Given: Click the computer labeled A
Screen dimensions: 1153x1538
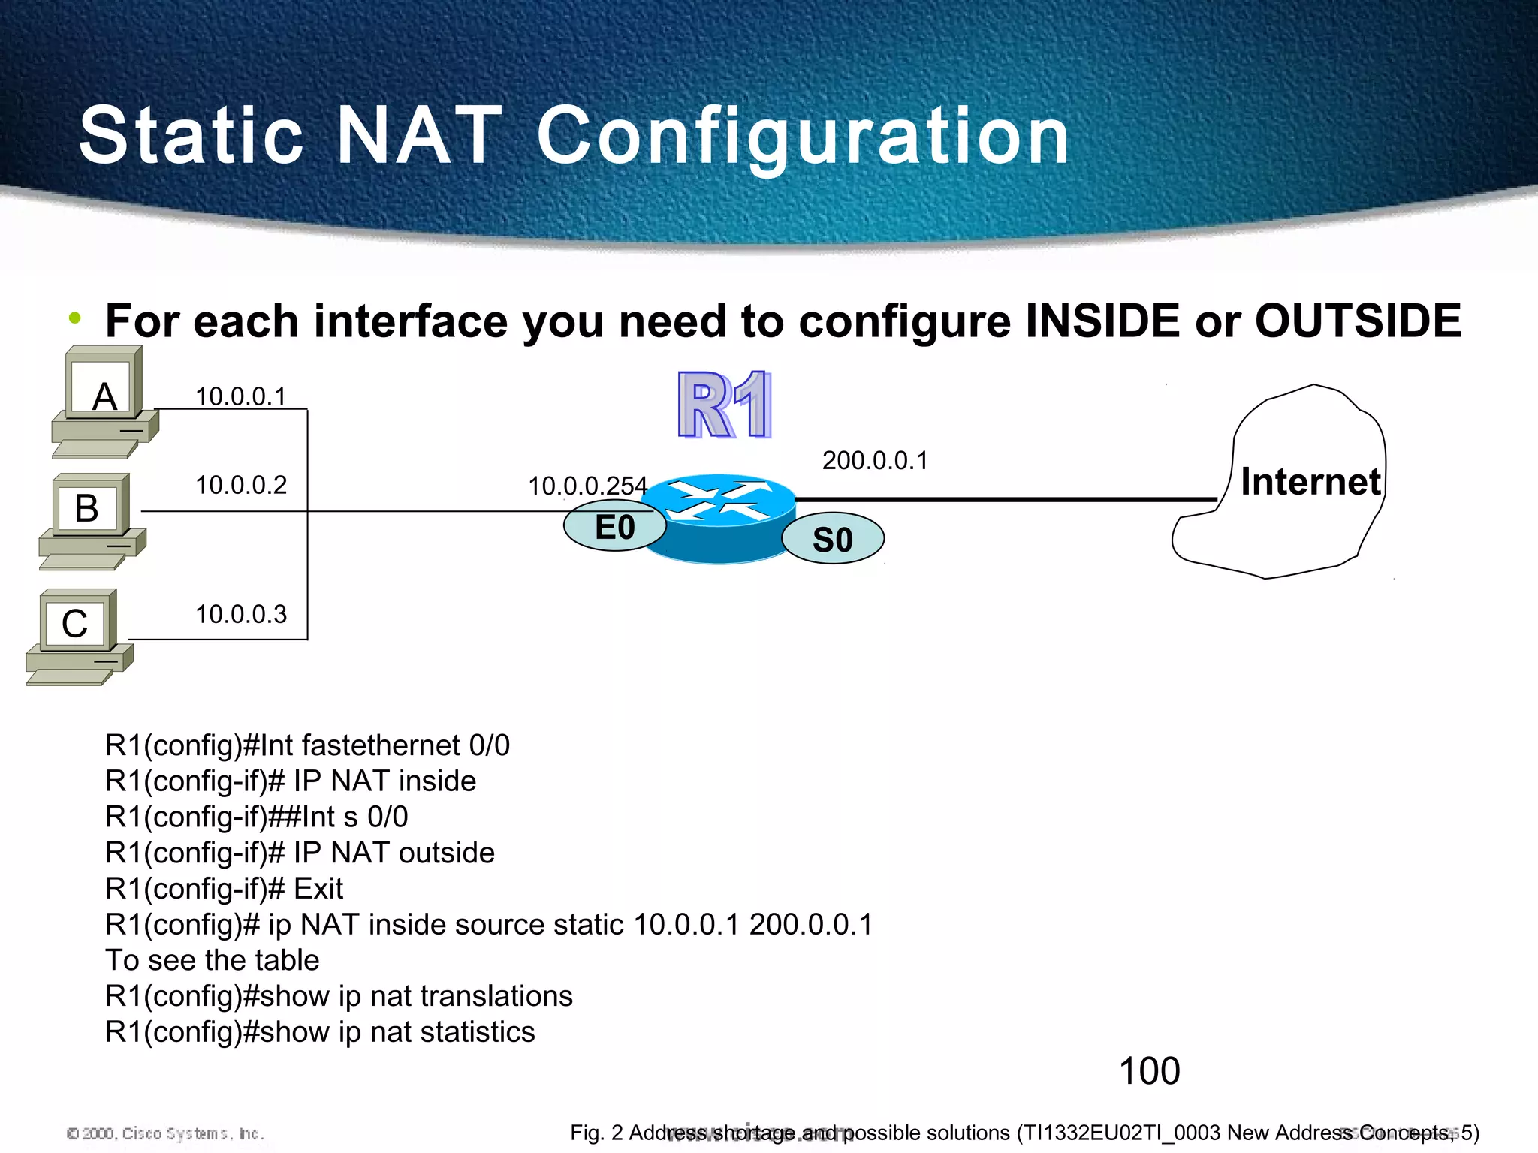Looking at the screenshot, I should pyautogui.click(x=104, y=402).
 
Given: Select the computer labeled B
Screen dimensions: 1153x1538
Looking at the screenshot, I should pyautogui.click(x=91, y=519).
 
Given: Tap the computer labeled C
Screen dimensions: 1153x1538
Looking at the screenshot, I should pyautogui.click(x=78, y=636).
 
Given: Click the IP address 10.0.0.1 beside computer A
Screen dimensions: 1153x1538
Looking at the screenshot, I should pyautogui.click(x=240, y=396).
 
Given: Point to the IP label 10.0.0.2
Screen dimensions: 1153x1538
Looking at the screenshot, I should pyautogui.click(x=240, y=485).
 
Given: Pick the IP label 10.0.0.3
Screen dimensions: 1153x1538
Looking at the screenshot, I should pyautogui.click(x=240, y=614).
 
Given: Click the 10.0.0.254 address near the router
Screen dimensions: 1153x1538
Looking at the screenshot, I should pyautogui.click(x=587, y=486).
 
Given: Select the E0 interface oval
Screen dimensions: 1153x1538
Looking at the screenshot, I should pyautogui.click(x=614, y=527).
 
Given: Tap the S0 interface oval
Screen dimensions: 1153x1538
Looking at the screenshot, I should pyautogui.click(x=832, y=539).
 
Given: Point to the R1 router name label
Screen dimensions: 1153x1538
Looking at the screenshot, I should pyautogui.click(x=724, y=405).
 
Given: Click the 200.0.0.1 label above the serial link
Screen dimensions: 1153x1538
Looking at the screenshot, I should pyautogui.click(x=875, y=460).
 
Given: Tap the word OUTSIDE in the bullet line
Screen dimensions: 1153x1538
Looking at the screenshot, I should pyautogui.click(x=1358, y=321).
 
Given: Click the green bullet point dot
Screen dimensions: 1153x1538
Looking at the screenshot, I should pyautogui.click(x=74, y=318).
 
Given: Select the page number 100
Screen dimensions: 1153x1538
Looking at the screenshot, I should pyautogui.click(x=1149, y=1071).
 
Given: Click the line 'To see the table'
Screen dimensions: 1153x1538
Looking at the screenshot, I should pyautogui.click(x=213, y=960).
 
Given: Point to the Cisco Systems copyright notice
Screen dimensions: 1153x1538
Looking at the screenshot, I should pyautogui.click(x=165, y=1133).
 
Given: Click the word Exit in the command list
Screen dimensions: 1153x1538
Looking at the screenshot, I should pyautogui.click(x=318, y=889).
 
